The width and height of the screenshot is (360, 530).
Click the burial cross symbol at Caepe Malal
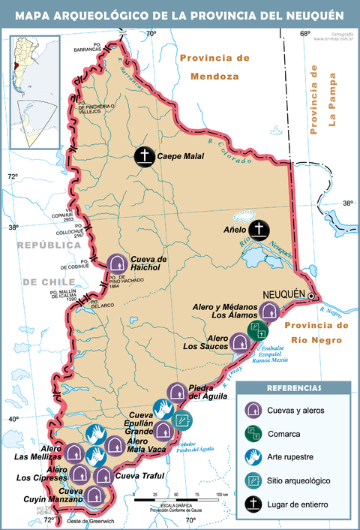click(144, 156)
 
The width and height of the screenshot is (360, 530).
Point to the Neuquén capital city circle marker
click(311, 297)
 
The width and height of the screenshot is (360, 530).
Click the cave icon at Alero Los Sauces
click(240, 342)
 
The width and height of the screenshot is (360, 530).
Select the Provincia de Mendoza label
click(214, 67)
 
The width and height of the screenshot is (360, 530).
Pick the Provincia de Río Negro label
click(317, 332)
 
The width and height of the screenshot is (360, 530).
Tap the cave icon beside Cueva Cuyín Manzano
click(94, 495)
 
